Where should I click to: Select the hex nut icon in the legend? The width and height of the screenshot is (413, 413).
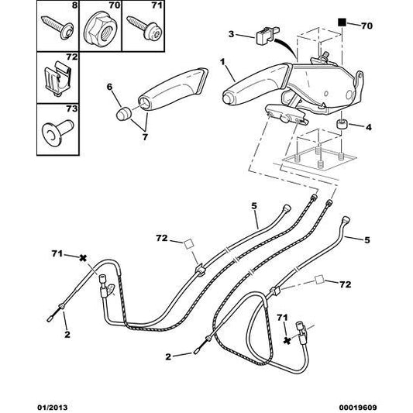pos(100,29)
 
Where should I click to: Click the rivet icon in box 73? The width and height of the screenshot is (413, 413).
pos(56,129)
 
